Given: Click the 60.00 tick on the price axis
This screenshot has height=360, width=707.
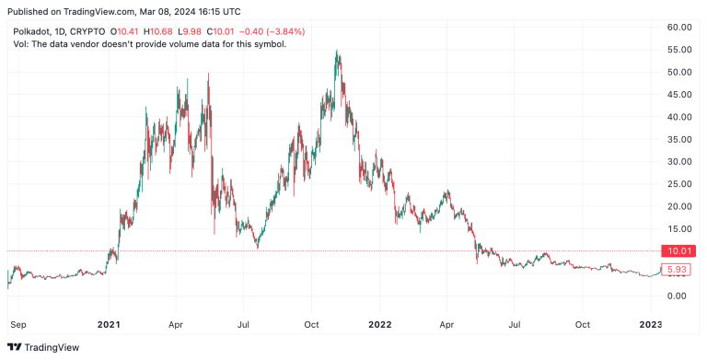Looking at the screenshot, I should click(x=679, y=28).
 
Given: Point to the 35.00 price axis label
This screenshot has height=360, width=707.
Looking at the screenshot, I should click(x=679, y=139).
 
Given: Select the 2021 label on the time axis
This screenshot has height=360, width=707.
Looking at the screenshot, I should click(x=109, y=324).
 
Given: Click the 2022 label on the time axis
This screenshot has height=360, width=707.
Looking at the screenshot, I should click(x=380, y=324).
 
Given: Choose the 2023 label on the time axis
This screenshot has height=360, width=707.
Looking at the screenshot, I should click(x=651, y=324).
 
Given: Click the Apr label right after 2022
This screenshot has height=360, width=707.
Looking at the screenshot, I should click(x=447, y=324).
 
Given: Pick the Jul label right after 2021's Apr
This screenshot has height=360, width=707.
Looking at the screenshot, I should click(x=244, y=324).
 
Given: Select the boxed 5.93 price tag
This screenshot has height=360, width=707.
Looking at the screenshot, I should click(x=677, y=270).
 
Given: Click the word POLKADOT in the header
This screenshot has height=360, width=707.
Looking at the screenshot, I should click(x=33, y=31).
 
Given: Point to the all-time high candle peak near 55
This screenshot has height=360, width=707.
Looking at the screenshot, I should click(x=337, y=52).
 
